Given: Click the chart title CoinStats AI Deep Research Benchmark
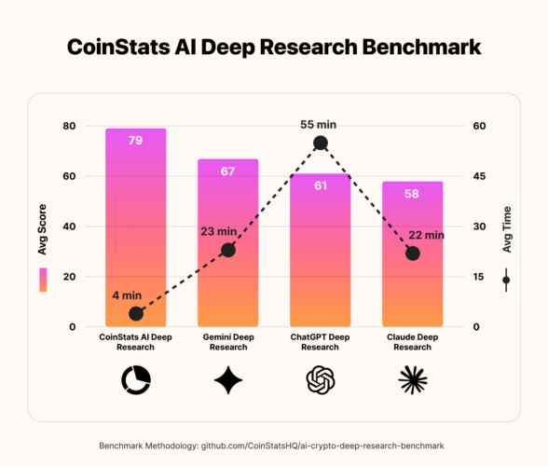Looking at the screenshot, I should click(x=273, y=48).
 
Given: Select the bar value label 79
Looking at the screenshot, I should click(x=135, y=141).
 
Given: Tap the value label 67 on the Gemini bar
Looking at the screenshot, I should click(x=227, y=171).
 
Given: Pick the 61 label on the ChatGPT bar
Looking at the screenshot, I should click(x=320, y=185).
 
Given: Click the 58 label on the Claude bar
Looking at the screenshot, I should click(x=412, y=194).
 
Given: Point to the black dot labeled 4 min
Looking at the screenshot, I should click(x=136, y=313).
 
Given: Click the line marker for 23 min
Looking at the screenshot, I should click(x=227, y=250).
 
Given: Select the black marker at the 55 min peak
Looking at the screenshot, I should click(x=321, y=143).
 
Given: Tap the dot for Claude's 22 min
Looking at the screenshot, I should click(x=413, y=254).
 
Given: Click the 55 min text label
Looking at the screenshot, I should click(x=320, y=123).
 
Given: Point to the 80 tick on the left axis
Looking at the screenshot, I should click(x=68, y=126).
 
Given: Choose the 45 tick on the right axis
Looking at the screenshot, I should click(x=477, y=176).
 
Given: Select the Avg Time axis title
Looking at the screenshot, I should click(x=507, y=237).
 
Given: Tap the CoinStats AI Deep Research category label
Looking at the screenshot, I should click(x=135, y=342).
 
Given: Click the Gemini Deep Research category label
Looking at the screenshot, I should click(x=227, y=342).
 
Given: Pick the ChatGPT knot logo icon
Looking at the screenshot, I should click(x=320, y=379).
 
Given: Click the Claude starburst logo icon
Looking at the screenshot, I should click(x=412, y=379).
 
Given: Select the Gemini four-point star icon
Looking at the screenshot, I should click(x=227, y=379).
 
